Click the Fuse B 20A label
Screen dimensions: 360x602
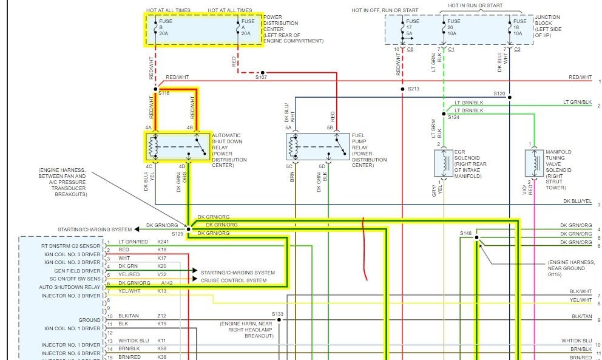[x=165, y=28]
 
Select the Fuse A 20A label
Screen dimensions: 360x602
[x=246, y=28]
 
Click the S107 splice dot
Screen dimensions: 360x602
[x=263, y=72]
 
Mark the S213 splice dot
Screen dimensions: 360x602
[x=402, y=90]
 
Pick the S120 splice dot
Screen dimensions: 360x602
[x=510, y=97]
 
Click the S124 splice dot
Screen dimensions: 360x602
[x=444, y=114]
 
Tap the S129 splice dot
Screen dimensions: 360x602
[x=188, y=229]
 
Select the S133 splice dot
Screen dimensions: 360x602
[x=278, y=320]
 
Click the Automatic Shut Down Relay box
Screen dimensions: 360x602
[x=177, y=146]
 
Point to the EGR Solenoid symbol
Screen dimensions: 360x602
[x=441, y=163]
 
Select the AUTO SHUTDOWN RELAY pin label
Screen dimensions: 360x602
[x=70, y=287]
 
